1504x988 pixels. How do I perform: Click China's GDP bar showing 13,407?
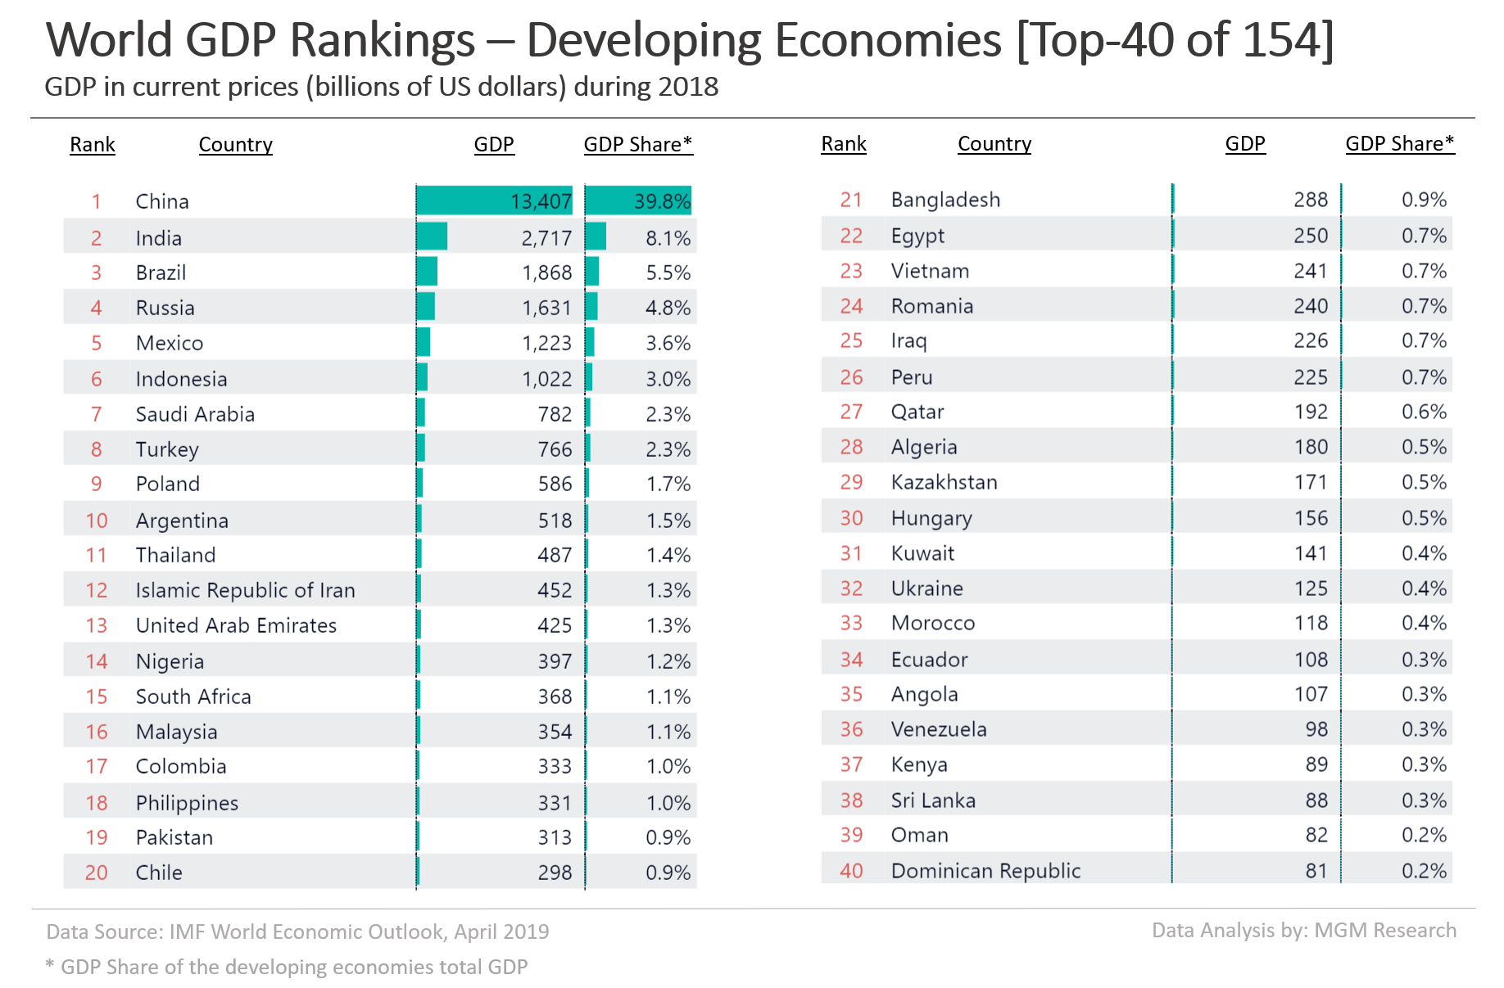click(x=495, y=201)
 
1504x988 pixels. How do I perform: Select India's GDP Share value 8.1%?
click(x=668, y=238)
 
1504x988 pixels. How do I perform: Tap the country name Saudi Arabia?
click(x=195, y=414)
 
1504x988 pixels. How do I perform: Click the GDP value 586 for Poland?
click(x=555, y=484)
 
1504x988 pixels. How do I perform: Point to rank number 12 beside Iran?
click(x=96, y=590)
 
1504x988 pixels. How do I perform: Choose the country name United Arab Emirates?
click(x=236, y=625)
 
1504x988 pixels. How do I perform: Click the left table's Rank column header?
click(x=93, y=144)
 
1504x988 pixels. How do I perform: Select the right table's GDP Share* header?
click(x=1399, y=143)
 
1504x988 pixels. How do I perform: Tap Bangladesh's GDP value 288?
click(x=1311, y=200)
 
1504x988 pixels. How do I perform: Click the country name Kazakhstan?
click(x=944, y=482)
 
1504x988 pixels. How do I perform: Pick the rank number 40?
click(x=851, y=871)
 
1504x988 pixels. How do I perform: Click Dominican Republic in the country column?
click(x=985, y=871)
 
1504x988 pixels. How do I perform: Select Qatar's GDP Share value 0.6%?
click(x=1424, y=412)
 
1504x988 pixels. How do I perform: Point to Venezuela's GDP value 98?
click(x=1316, y=729)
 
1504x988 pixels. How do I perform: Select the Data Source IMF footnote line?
click(x=297, y=932)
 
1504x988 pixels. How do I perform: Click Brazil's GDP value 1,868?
click(x=546, y=273)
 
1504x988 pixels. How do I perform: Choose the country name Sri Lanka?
click(x=933, y=801)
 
